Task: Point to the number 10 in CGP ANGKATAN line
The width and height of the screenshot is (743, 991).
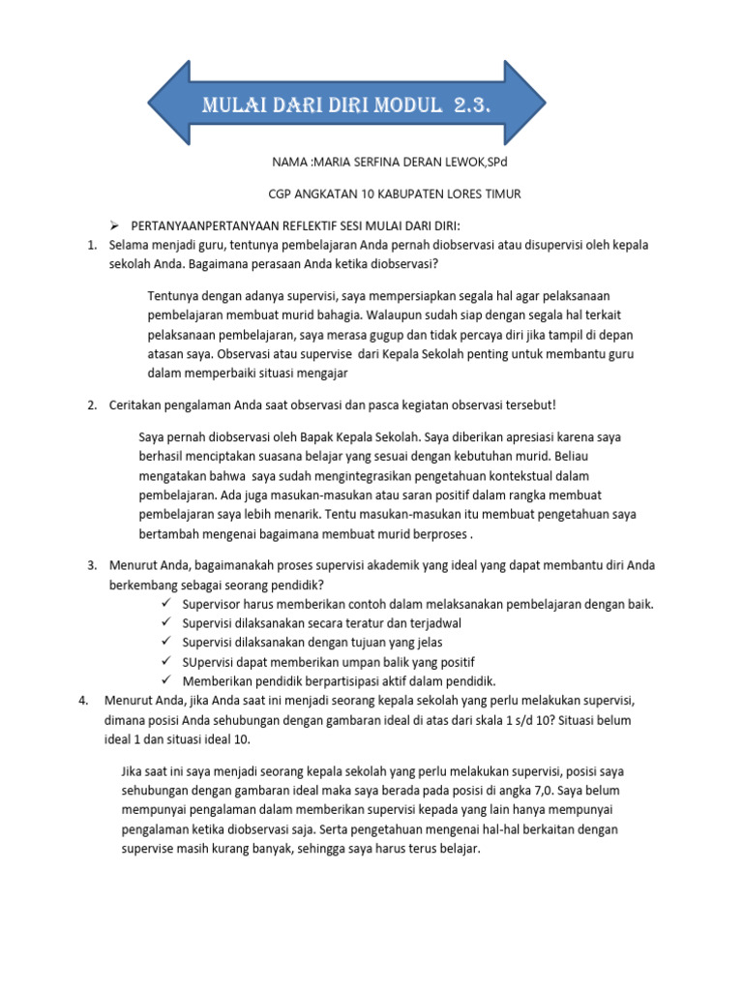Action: coord(375,195)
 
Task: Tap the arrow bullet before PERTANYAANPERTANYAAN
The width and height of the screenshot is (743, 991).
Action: coord(111,225)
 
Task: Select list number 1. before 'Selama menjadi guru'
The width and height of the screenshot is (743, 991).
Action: coord(92,245)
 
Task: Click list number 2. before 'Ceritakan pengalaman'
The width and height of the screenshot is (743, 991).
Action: coord(92,405)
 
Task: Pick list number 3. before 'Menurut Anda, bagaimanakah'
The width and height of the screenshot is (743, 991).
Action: coord(92,565)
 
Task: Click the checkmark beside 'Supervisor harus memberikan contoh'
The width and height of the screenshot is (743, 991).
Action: coord(166,604)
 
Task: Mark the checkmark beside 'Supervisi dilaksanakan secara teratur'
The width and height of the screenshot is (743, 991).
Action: coord(166,623)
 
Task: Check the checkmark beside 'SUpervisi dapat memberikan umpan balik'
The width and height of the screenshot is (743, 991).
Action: coord(166,662)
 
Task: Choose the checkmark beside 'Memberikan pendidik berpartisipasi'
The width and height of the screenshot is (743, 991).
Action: coord(166,681)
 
